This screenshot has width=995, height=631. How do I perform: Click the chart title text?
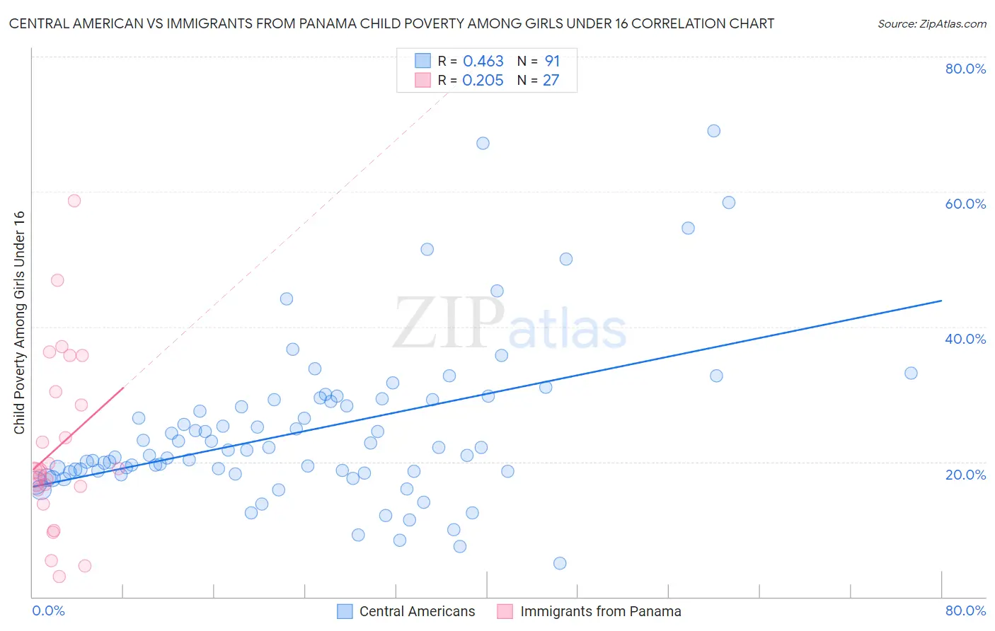[391, 23]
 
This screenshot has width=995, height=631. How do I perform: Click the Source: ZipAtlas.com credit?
[931, 23]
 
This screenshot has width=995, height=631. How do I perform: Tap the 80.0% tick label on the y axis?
[965, 69]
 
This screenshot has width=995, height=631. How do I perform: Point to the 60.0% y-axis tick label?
[965, 204]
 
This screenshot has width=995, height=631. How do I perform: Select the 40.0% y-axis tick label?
[965, 339]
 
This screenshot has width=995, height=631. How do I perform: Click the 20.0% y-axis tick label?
[965, 474]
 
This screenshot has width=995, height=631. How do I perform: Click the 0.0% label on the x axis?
[48, 610]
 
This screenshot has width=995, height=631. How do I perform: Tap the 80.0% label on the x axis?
[965, 610]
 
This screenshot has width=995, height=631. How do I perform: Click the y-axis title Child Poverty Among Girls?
[20, 323]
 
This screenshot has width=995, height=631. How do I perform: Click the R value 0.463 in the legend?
[483, 62]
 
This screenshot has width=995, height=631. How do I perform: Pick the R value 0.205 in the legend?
[483, 81]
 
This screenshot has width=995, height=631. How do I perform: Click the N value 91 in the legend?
[552, 62]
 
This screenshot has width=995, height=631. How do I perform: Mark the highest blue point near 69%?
[713, 131]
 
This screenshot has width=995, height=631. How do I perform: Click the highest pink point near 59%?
[74, 201]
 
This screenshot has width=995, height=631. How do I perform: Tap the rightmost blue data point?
[911, 373]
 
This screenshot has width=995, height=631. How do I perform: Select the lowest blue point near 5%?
[560, 563]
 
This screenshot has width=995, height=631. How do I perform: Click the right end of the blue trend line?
[941, 301]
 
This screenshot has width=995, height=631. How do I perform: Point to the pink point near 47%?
[57, 280]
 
